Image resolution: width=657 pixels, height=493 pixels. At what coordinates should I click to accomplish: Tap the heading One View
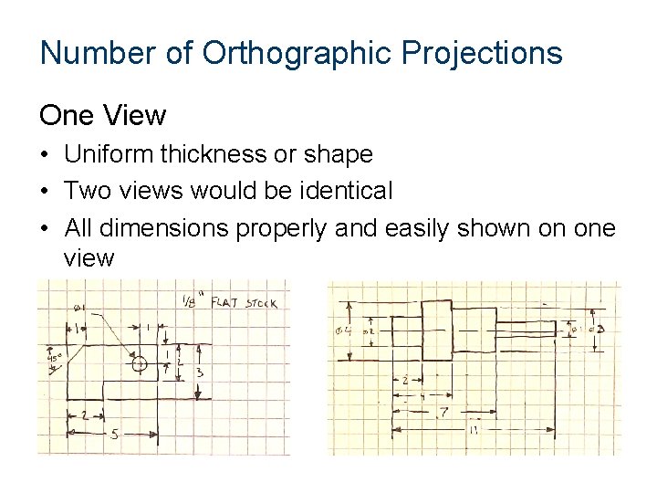pos(102,116)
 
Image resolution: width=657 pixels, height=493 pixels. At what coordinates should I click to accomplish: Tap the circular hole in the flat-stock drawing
pos(139,364)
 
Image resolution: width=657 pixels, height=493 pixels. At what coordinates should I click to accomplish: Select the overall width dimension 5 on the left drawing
pos(114,436)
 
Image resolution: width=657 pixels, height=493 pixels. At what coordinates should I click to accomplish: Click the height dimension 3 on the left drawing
pos(199,372)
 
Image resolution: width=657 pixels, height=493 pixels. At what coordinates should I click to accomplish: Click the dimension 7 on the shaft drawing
pos(443,414)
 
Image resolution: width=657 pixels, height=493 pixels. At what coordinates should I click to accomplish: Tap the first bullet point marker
pos(45,155)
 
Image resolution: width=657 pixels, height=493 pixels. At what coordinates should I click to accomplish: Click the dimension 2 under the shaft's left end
pos(405,379)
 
